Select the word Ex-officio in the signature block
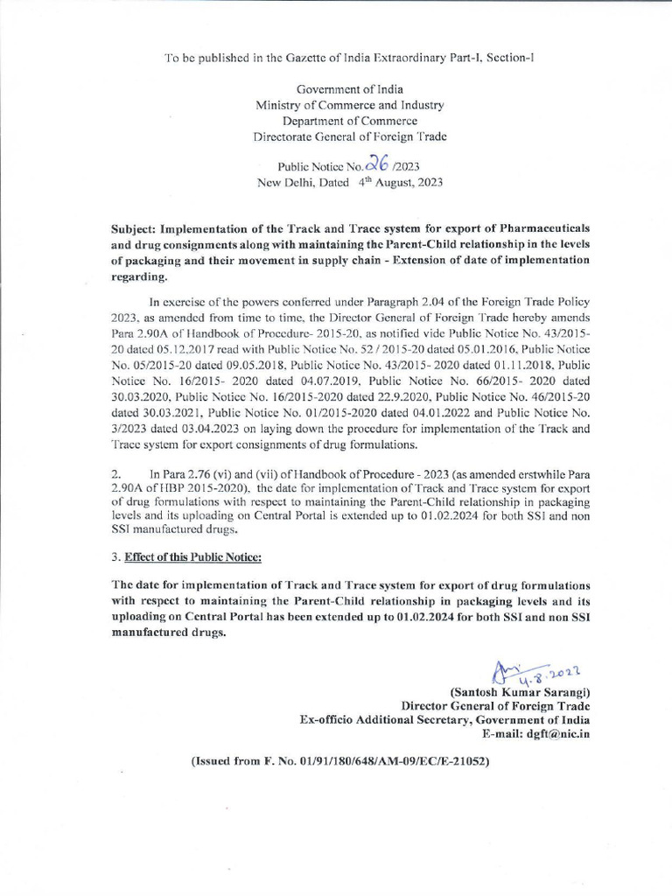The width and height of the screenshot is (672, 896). (328, 719)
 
